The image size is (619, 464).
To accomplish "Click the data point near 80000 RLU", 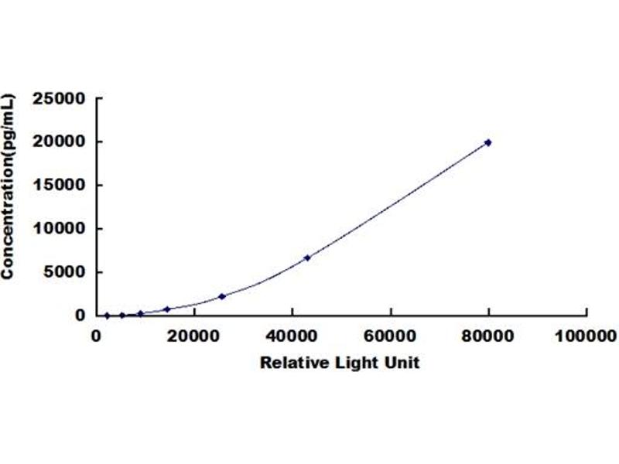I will pos(488,142).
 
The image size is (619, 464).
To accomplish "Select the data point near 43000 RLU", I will pos(307,258).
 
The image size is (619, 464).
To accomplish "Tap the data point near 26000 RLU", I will pos(222,296).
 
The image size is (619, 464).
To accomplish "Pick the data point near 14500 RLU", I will pos(167,309).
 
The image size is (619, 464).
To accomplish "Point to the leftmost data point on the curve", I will pos(107,315).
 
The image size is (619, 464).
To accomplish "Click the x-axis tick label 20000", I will pos(193,336).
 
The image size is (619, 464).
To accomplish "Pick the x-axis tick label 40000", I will pos(292,336).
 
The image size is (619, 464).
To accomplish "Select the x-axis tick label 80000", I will pos(488,336).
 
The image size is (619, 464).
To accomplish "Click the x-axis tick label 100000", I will pos(586,336).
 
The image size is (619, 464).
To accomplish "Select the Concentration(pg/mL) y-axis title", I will pos(9,186).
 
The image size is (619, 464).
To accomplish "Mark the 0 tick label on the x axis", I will pos(96,336).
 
